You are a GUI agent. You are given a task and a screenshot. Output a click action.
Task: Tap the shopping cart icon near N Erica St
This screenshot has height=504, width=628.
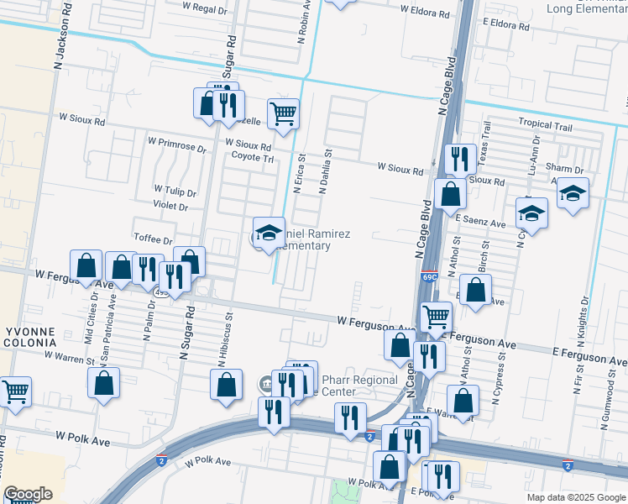coord(284,113)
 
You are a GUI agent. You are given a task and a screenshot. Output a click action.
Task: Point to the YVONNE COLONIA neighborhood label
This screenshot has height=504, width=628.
coord(29,337)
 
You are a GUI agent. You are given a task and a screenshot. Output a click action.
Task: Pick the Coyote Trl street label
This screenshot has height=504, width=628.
coord(253,157)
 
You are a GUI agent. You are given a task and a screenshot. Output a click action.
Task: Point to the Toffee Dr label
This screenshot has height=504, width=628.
coord(153,240)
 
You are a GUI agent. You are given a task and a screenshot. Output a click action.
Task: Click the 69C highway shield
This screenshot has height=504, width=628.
coord(429,275)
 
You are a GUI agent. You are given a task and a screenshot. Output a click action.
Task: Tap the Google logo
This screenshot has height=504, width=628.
coord(27,494)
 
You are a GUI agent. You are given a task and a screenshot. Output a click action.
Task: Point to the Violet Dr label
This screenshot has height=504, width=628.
coord(170,206)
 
